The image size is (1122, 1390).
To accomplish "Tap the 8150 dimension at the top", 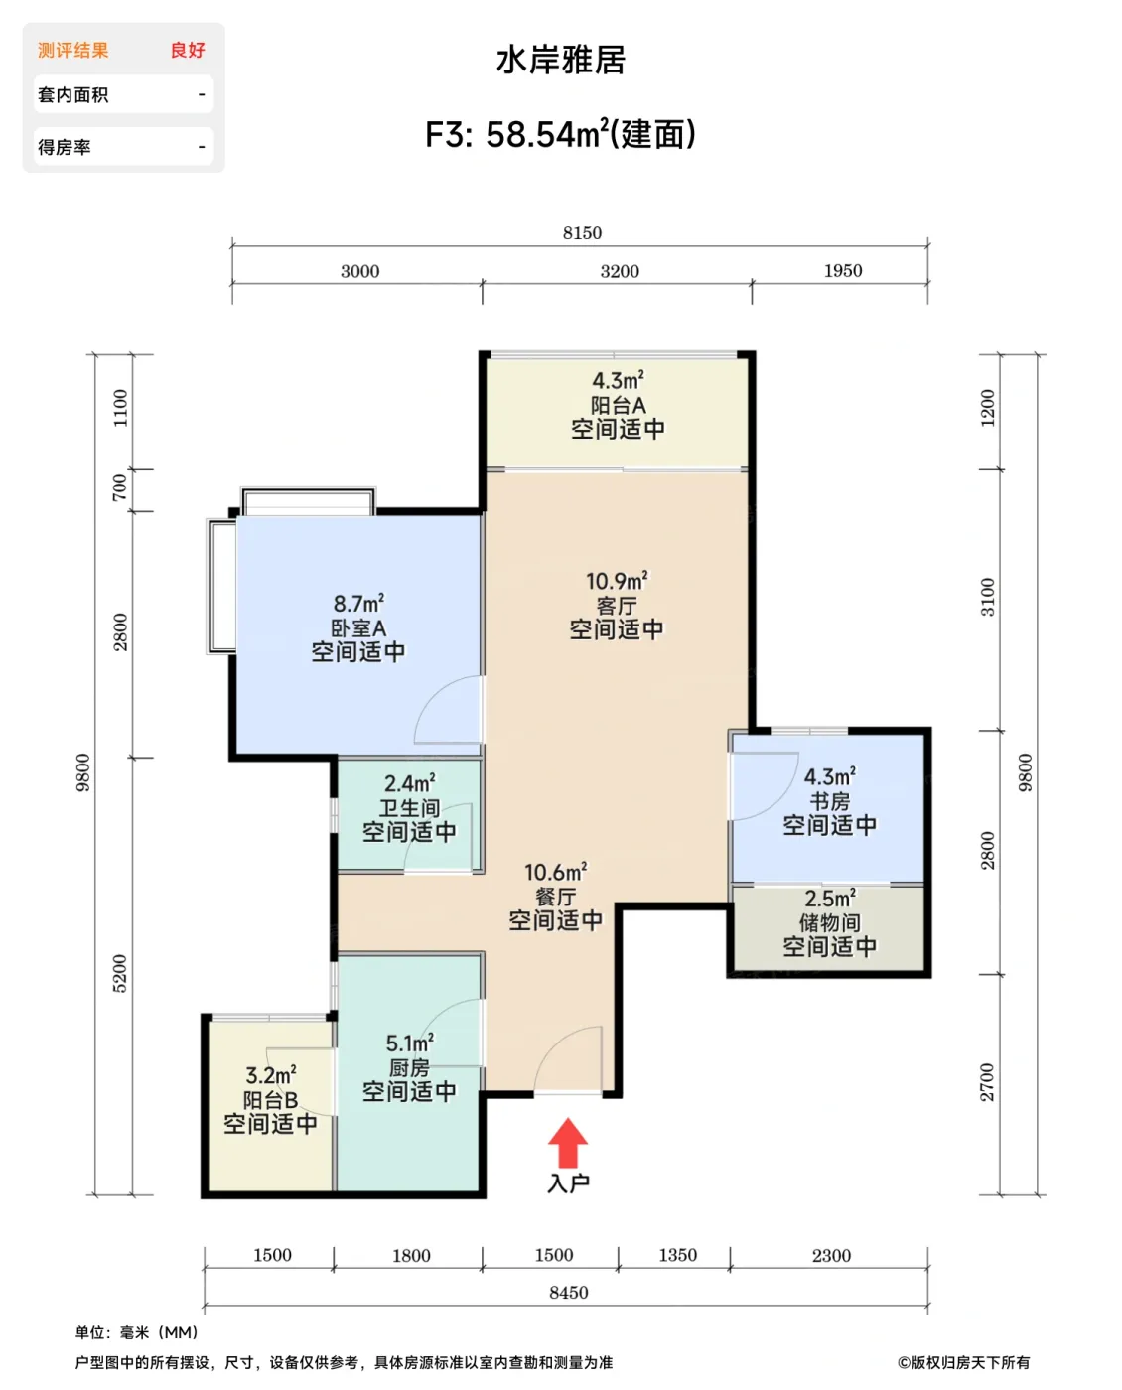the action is [x=582, y=233].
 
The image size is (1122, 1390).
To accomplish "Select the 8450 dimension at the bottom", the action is [x=569, y=1292].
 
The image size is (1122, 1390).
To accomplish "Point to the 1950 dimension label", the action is [x=843, y=271].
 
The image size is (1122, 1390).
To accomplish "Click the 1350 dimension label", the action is [x=677, y=1255].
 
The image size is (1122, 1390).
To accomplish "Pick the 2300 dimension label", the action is [x=831, y=1256].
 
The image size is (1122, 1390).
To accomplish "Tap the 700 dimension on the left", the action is [x=119, y=486].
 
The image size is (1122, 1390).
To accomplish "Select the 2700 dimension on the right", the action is [x=987, y=1082].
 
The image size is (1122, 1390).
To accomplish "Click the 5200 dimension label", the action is [x=119, y=974].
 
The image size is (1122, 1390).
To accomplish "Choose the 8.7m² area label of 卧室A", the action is [x=358, y=603].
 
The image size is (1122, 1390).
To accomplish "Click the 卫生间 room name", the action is [x=409, y=808].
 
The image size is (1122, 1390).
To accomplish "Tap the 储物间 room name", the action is [x=830, y=922].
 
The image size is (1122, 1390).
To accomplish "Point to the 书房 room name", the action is [x=830, y=801].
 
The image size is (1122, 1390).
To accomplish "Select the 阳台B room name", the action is [x=270, y=1100].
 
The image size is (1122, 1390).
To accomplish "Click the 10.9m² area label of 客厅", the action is [x=617, y=580].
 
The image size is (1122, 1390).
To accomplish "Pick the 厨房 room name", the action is [x=409, y=1067].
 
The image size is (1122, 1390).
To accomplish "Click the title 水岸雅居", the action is [x=561, y=60].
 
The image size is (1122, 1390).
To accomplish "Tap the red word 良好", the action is [x=188, y=51].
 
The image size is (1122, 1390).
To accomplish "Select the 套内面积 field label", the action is [x=73, y=95].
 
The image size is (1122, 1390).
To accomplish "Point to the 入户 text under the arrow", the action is [x=568, y=1182].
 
